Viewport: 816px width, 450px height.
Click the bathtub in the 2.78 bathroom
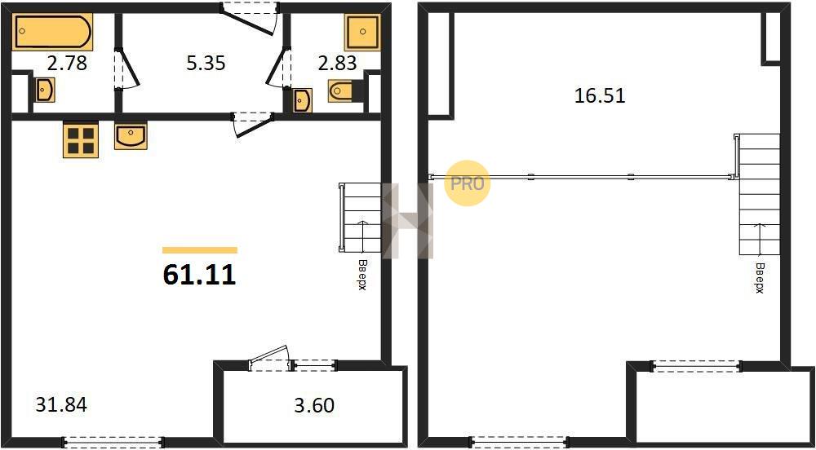click(x=52, y=32)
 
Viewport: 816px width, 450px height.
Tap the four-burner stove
click(x=81, y=140)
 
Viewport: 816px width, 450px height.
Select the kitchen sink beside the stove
click(x=131, y=136)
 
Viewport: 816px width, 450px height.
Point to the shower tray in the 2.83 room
click(x=363, y=32)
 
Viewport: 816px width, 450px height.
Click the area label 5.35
click(x=206, y=64)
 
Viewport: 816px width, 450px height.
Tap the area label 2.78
click(x=66, y=64)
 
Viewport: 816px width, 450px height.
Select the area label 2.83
click(x=338, y=63)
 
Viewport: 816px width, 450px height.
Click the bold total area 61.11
click(x=199, y=275)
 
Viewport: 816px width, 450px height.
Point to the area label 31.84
click(x=61, y=404)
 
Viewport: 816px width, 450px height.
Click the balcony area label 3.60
click(x=314, y=405)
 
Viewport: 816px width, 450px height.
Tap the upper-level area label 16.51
click(x=600, y=96)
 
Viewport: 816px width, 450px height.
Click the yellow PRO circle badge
click(x=467, y=183)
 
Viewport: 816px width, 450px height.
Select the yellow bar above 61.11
click(x=200, y=250)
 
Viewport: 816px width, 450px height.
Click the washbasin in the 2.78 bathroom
click(x=45, y=90)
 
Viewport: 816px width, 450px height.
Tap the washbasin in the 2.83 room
click(x=303, y=99)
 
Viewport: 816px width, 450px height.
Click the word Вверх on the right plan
click(x=760, y=279)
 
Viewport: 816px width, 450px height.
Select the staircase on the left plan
click(x=360, y=217)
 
